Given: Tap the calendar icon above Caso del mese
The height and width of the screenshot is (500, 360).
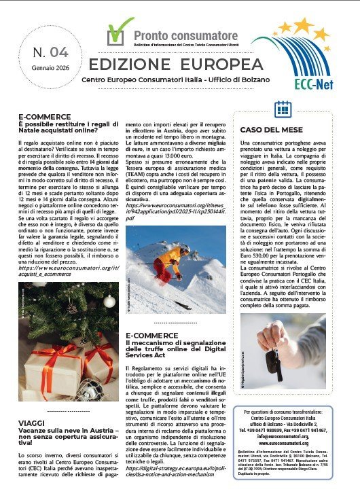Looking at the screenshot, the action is pos(282,109).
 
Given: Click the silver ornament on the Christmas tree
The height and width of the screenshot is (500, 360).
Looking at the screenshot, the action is pos(108,300).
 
